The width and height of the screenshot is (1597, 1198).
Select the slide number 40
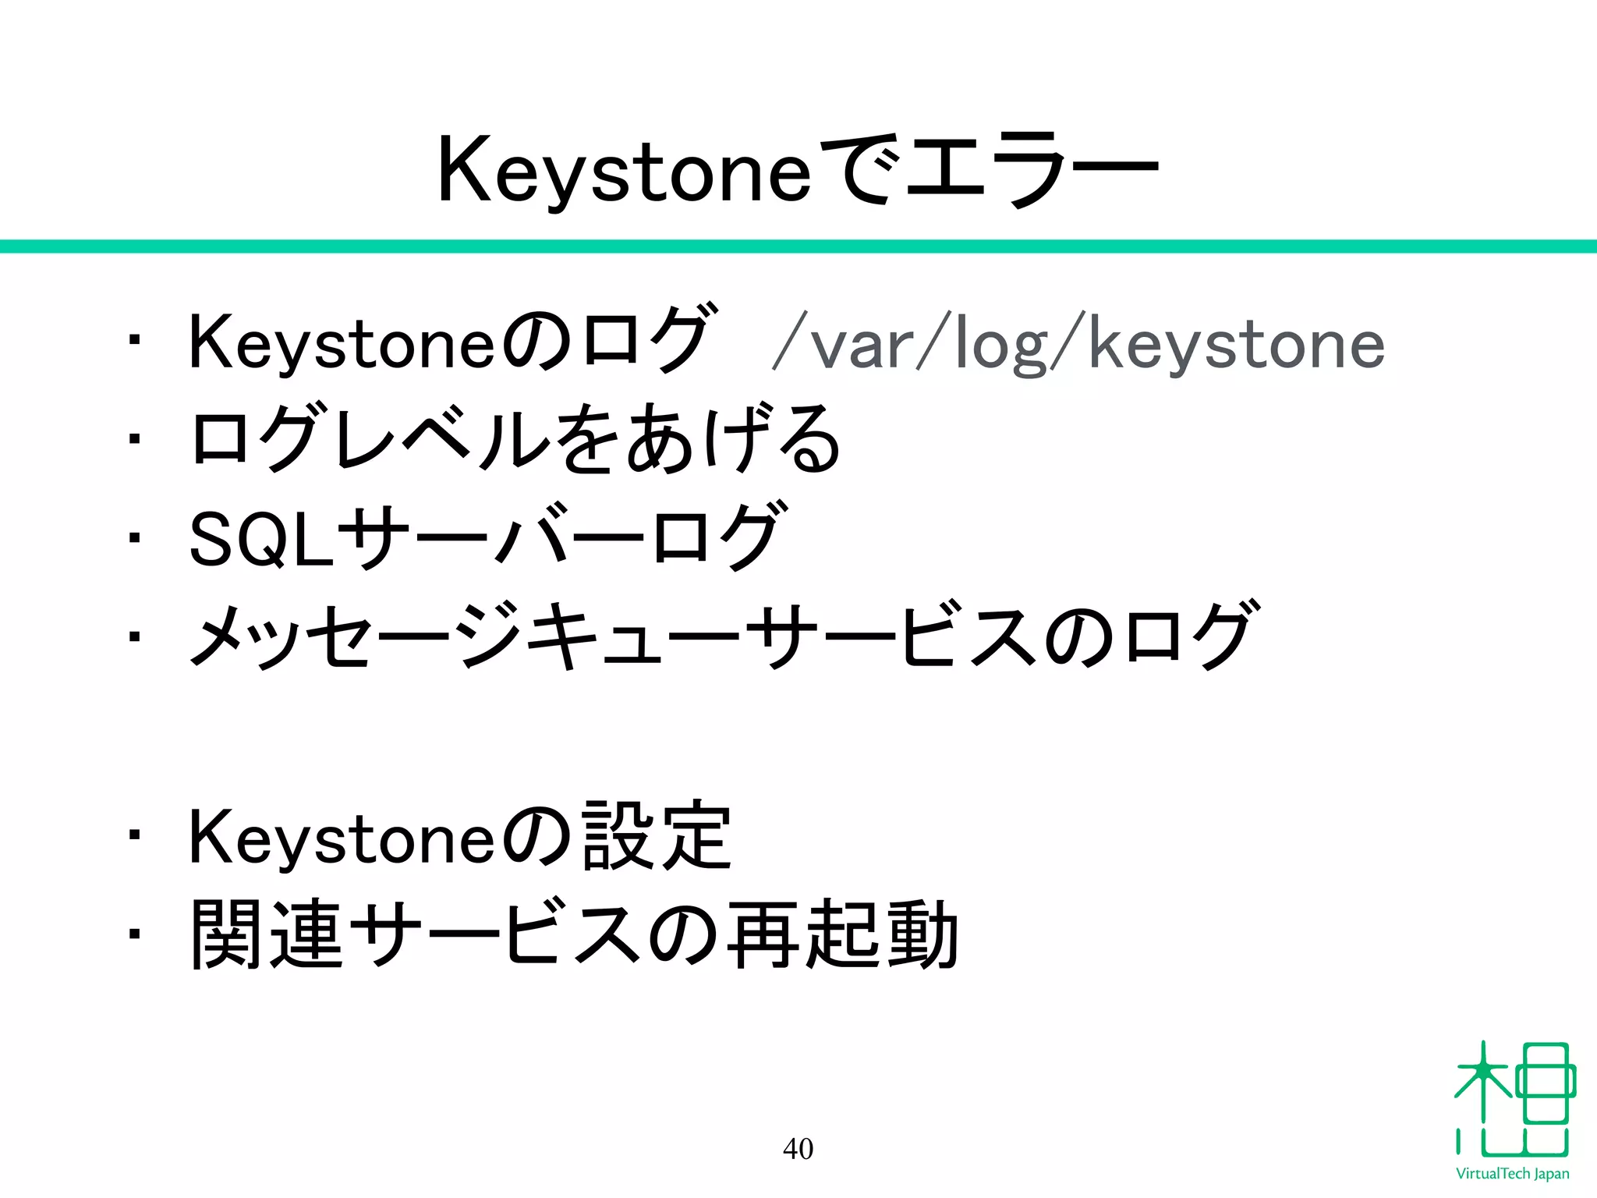pyautogui.click(x=798, y=1148)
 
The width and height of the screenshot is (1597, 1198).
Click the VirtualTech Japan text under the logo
pyautogui.click(x=1512, y=1174)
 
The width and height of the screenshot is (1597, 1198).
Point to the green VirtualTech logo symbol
pyautogui.click(x=1514, y=1099)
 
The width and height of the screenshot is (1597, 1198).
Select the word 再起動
pyautogui.click(x=842, y=935)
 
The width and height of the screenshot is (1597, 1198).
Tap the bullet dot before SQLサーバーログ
pyautogui.click(x=135, y=537)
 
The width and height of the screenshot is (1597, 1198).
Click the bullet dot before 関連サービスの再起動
pyautogui.click(x=135, y=934)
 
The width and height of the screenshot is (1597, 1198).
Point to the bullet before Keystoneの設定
pyautogui.click(x=135, y=835)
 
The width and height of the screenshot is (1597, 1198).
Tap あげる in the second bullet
pyautogui.click(x=733, y=439)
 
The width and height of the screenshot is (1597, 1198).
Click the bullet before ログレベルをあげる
pyautogui.click(x=135, y=438)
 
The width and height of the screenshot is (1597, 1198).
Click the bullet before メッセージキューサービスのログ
pyautogui.click(x=135, y=636)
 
